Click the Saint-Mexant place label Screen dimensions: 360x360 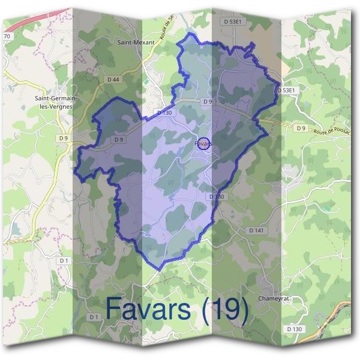click(x=136, y=43)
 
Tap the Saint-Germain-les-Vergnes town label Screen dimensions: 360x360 click(x=55, y=103)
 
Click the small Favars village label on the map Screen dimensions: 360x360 click(x=202, y=144)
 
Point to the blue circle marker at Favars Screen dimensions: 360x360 click(x=204, y=144)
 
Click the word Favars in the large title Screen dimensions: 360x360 click(x=149, y=308)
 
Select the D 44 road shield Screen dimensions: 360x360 click(x=113, y=79)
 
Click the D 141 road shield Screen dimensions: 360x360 click(x=256, y=230)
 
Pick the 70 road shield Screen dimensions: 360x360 click(x=7, y=37)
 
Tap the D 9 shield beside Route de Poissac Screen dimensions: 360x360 click(x=301, y=128)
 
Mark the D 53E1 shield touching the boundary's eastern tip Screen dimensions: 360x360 click(x=287, y=90)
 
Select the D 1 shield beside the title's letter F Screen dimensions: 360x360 click(x=93, y=316)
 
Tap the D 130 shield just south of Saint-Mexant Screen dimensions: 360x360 click(x=164, y=112)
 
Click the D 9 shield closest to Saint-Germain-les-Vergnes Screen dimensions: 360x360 click(x=64, y=138)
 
